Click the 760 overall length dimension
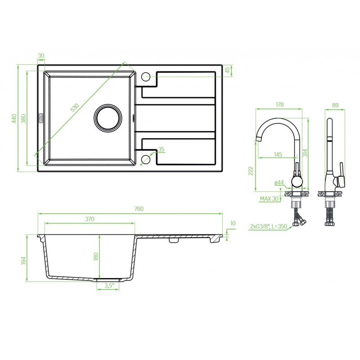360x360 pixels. point(139,209)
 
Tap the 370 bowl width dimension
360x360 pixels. point(90,219)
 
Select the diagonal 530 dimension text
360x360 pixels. point(75,108)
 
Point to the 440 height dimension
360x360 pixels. point(14,119)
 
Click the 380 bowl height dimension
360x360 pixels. point(24,119)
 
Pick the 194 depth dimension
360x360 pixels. point(24,261)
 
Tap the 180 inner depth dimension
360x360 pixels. point(96,256)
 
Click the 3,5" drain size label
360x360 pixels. point(109,285)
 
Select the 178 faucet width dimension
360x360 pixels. point(279,104)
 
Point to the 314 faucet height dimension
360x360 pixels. point(305,153)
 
